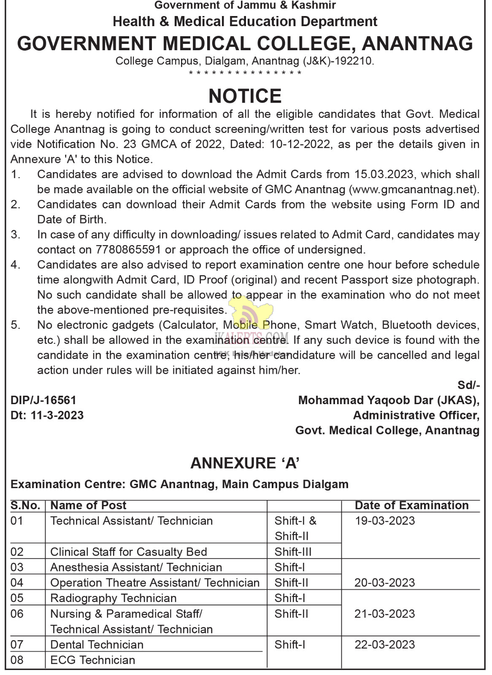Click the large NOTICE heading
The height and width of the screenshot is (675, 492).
click(245, 96)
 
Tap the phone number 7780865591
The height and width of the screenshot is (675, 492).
click(128, 250)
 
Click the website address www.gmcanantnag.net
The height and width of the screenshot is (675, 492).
click(414, 189)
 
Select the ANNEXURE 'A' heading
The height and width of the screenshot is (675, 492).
click(245, 463)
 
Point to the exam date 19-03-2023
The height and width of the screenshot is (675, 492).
click(385, 521)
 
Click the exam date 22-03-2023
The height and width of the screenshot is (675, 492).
click(385, 645)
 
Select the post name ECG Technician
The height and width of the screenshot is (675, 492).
click(93, 660)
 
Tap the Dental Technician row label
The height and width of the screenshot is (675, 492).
click(97, 645)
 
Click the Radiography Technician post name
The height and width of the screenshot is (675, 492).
click(113, 598)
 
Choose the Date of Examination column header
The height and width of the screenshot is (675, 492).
click(411, 505)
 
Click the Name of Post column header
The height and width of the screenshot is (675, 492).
click(88, 505)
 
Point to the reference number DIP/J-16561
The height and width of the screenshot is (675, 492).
click(43, 400)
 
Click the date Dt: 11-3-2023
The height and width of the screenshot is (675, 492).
click(47, 416)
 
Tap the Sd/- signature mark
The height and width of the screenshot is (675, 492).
click(468, 385)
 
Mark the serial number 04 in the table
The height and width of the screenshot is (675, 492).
click(17, 583)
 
